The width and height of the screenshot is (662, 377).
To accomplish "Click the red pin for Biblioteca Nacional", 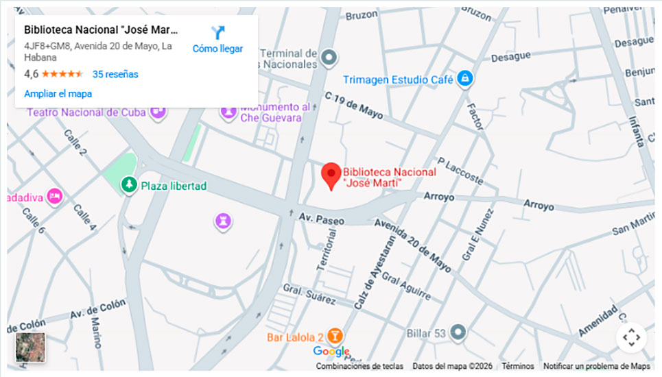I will (x=331, y=175).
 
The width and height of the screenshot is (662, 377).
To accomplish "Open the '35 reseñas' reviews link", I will (x=115, y=74).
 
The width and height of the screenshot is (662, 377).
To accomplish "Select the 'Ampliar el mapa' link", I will (x=58, y=93).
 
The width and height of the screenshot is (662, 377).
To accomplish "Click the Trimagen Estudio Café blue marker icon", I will (x=465, y=79).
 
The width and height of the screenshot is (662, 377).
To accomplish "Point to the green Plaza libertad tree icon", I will (x=128, y=184).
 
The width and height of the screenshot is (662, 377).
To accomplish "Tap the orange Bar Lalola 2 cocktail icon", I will (x=335, y=337).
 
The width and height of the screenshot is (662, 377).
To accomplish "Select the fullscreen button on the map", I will (x=631, y=337).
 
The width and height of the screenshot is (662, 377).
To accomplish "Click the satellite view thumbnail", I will (x=30, y=348).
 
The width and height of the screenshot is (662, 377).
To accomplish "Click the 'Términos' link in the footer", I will (x=517, y=366).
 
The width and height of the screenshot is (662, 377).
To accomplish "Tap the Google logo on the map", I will (x=331, y=352).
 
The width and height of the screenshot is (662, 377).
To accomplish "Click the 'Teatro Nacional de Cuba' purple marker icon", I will (x=158, y=111).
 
